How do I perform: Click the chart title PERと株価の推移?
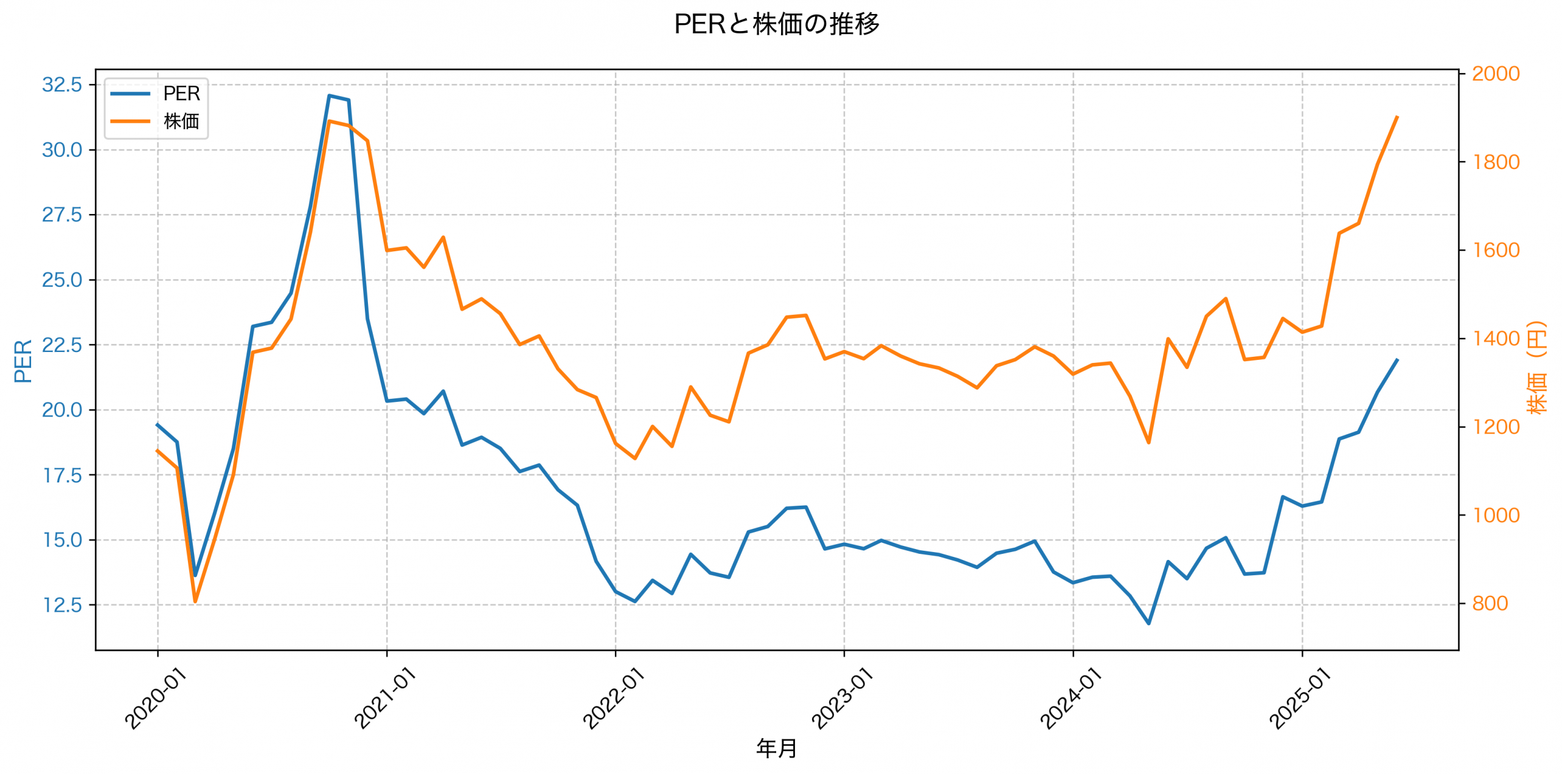[x=776, y=24]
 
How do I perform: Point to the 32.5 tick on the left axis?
[x=62, y=85]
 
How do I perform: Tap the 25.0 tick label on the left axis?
[x=62, y=280]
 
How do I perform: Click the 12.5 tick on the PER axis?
[x=62, y=605]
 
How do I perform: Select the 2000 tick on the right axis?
[x=1495, y=74]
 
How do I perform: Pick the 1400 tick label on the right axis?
[x=1495, y=339]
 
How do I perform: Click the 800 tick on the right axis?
[x=1489, y=603]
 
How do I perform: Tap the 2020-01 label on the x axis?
[x=156, y=698]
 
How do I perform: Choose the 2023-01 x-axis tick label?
[x=842, y=698]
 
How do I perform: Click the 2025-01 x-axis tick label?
[x=1300, y=698]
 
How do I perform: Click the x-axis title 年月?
[x=776, y=748]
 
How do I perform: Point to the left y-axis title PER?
[x=23, y=361]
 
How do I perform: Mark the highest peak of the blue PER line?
[x=329, y=96]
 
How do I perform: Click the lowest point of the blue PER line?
[x=1149, y=623]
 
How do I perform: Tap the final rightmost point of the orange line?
[x=1397, y=116]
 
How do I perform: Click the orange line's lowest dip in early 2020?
[x=195, y=601]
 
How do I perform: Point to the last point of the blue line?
[x=1397, y=360]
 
